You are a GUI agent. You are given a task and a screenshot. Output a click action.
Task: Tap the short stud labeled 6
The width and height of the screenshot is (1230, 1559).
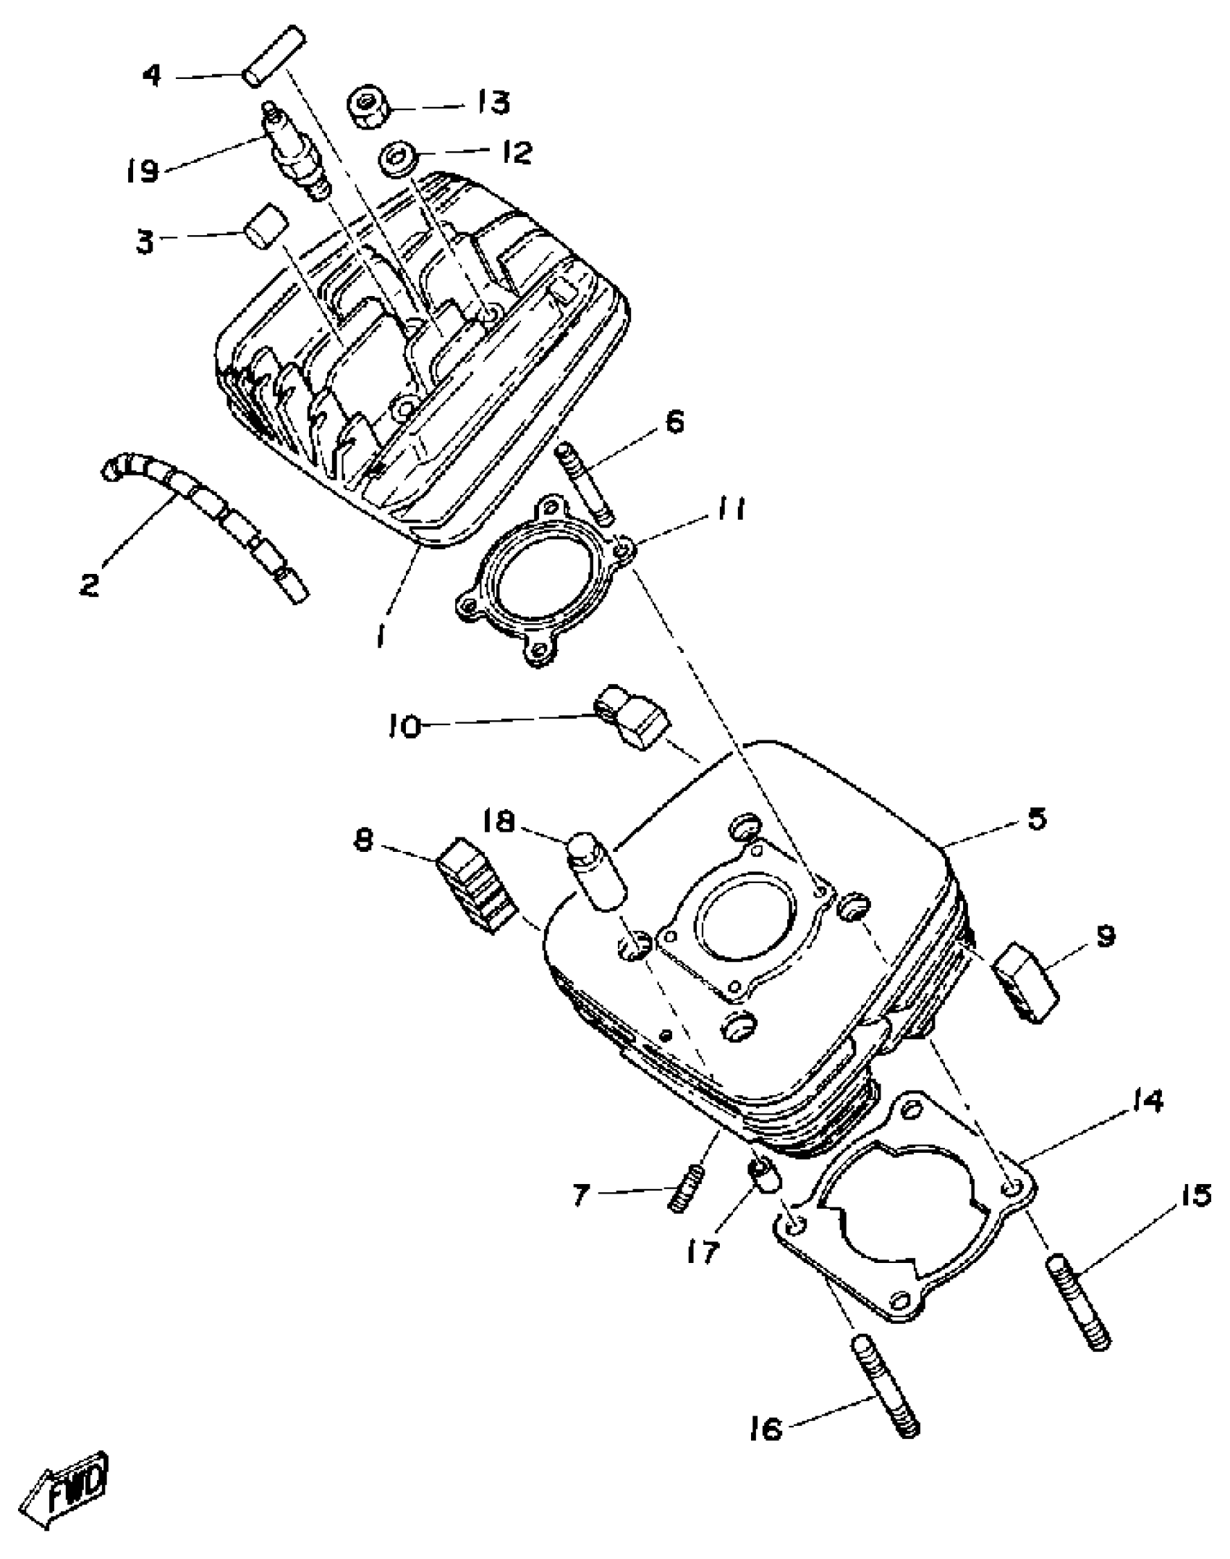[585, 484]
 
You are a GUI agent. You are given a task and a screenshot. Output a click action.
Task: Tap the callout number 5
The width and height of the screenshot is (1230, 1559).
[1036, 820]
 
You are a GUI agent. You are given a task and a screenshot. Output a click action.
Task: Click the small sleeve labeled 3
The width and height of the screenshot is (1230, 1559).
[265, 224]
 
